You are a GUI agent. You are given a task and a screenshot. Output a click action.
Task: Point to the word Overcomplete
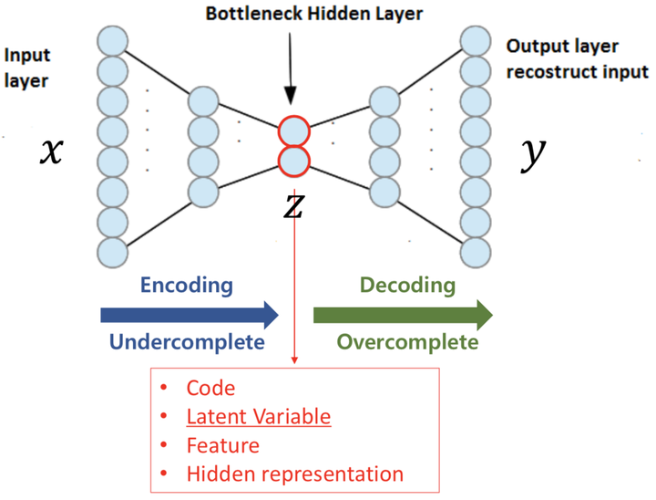pyautogui.click(x=407, y=343)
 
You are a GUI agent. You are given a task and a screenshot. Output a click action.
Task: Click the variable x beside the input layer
pyautogui.click(x=51, y=151)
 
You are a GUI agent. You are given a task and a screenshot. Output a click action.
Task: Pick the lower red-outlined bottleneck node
pyautogui.click(x=294, y=162)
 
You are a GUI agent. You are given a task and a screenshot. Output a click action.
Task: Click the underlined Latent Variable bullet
pyautogui.click(x=258, y=417)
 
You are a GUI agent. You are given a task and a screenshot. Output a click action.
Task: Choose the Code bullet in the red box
pyautogui.click(x=210, y=389)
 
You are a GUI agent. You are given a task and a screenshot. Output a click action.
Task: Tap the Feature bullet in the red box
pyautogui.click(x=222, y=445)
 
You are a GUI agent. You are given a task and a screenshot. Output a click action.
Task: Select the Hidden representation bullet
pyautogui.click(x=294, y=474)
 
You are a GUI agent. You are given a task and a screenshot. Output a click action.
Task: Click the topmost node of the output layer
pyautogui.click(x=476, y=40)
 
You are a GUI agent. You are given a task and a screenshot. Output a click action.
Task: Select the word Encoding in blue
pyautogui.click(x=188, y=286)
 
